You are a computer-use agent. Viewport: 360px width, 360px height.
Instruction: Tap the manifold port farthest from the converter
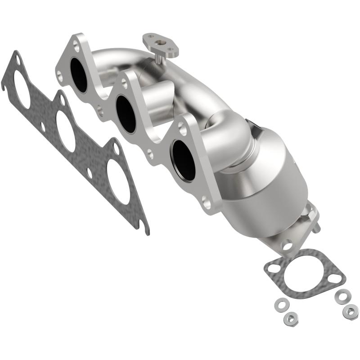(x=79, y=76)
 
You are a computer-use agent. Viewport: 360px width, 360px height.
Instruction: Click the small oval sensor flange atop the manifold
(x=161, y=44)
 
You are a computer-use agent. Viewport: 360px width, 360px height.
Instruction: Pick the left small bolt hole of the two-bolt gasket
(x=273, y=269)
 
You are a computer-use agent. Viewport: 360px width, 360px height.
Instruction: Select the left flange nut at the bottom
(x=289, y=319)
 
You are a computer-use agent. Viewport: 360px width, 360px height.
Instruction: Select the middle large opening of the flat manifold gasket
(x=66, y=130)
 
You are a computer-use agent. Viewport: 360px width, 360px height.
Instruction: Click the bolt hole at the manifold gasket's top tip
(x=17, y=58)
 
